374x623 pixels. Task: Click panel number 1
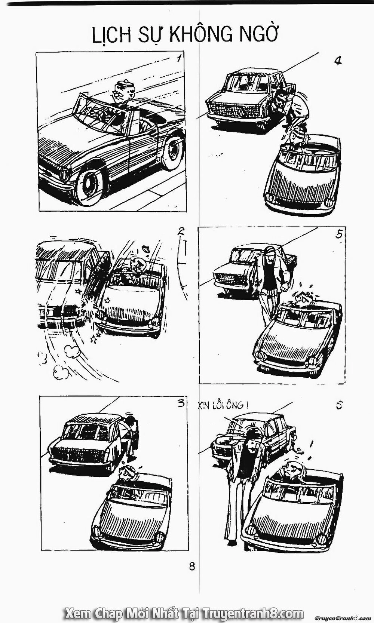click(x=180, y=59)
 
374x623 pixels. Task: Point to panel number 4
click(x=338, y=60)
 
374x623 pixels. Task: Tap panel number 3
click(x=181, y=403)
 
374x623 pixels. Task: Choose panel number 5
click(x=339, y=235)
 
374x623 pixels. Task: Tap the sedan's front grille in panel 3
click(x=73, y=454)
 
